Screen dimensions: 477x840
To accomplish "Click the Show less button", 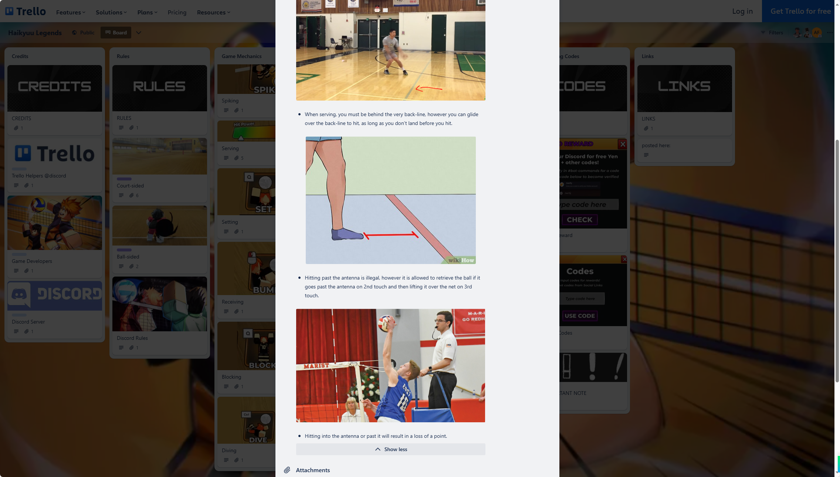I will pos(391,449).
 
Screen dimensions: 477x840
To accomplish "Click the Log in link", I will pos(742,11).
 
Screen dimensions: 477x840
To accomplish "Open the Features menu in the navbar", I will pos(71,12).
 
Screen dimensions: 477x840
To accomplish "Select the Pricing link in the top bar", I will pos(177,12).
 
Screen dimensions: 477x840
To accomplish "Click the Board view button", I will pos(116,33).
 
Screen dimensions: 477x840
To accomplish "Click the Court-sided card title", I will pos(130,186).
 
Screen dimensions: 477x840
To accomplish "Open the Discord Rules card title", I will pos(132,338).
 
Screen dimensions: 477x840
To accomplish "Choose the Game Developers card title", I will pos(32,261).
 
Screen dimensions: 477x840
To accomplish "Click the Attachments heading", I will pos(313,470).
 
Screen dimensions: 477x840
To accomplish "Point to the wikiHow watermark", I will pos(461,260).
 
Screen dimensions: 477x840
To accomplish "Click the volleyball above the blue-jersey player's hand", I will pos(385,324).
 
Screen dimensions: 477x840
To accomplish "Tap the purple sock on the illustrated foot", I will pos(346,234).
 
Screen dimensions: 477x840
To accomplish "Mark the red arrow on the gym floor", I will pos(429,88).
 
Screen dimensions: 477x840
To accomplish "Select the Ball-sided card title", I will pos(128,257).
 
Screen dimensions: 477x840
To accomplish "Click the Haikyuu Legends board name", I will pos(35,33).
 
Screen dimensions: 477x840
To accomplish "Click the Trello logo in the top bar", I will pos(26,11).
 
